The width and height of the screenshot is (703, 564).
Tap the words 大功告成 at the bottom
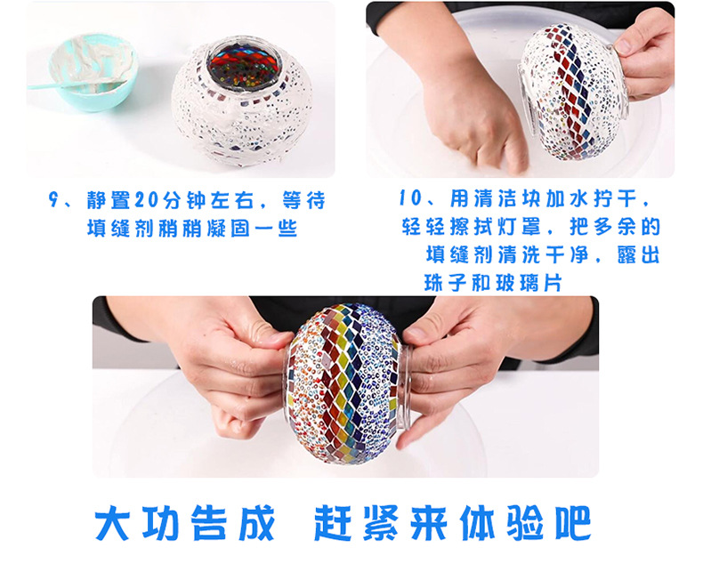click(x=185, y=524)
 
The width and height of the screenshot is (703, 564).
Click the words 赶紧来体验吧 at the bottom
click(x=452, y=524)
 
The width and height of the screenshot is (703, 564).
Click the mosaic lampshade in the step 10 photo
click(x=570, y=89)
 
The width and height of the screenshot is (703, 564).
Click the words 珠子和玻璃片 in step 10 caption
click(x=497, y=282)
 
